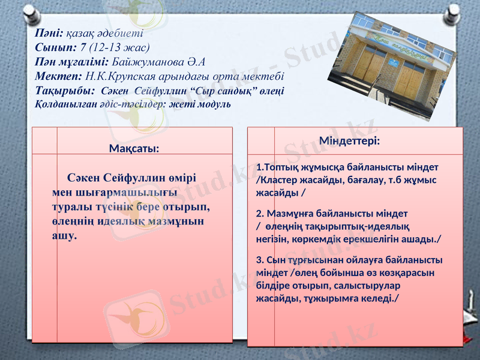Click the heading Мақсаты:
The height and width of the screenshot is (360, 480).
pyautogui.click(x=134, y=148)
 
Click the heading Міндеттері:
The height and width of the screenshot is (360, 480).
pyautogui.click(x=349, y=141)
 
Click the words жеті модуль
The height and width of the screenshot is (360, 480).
pyautogui.click(x=201, y=103)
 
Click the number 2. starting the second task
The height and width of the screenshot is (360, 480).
pyautogui.click(x=260, y=213)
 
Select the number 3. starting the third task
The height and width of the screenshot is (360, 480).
pyautogui.click(x=260, y=260)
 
